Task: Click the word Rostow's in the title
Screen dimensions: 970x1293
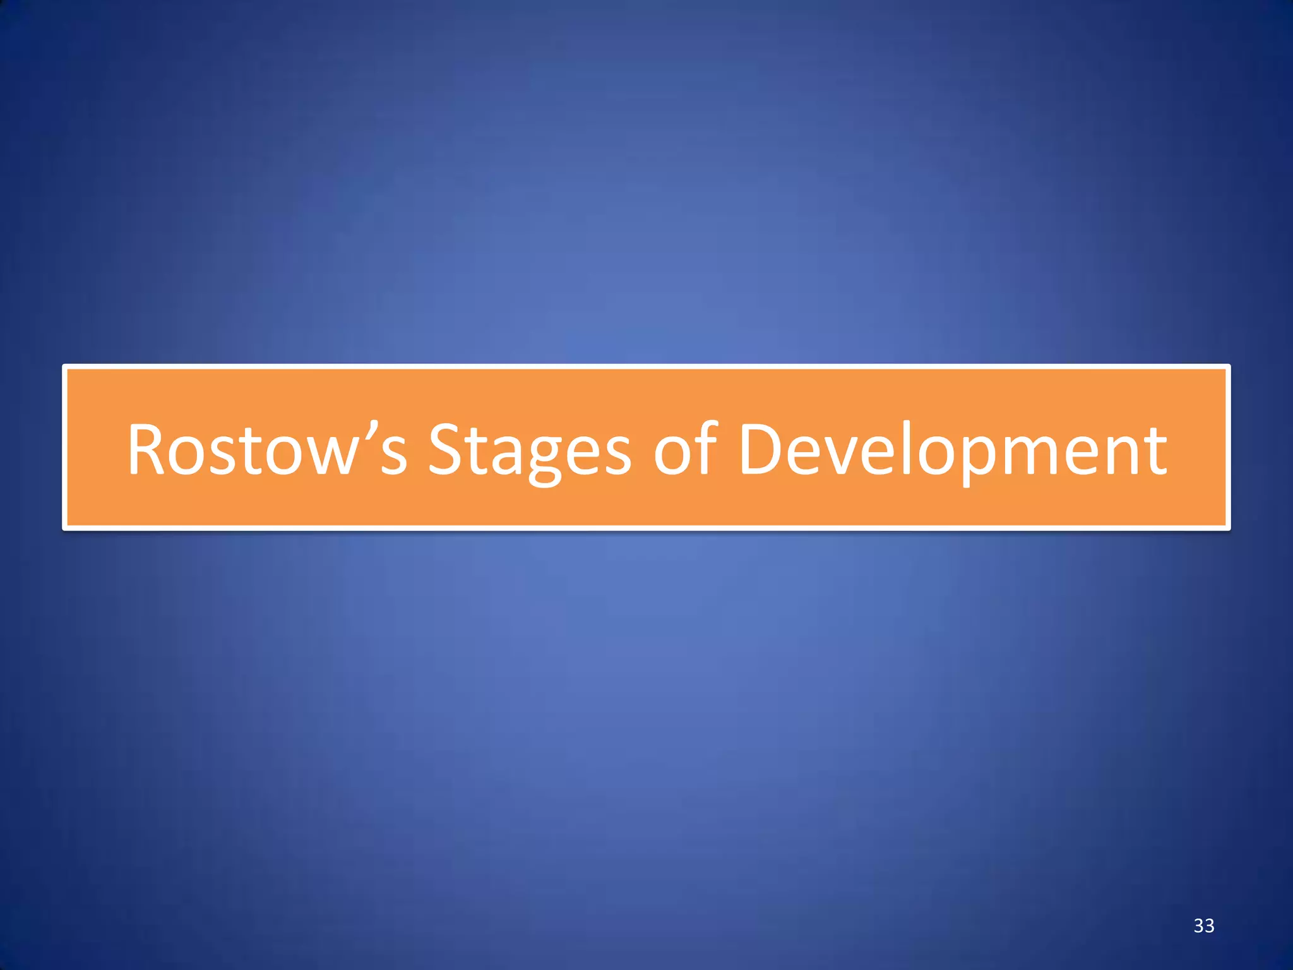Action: [266, 449]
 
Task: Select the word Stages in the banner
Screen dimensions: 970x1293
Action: [529, 449]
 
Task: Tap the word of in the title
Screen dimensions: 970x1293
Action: [685, 449]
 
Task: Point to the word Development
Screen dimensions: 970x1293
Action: [952, 449]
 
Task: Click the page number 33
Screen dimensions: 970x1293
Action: [1204, 926]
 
